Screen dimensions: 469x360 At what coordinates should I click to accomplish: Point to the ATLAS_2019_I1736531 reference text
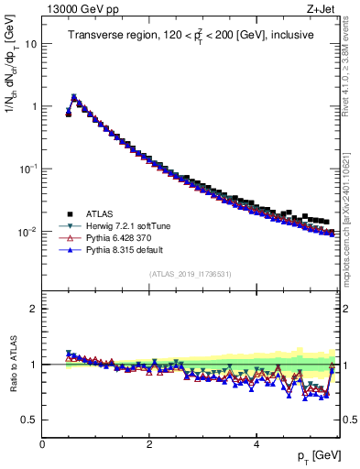(190, 274)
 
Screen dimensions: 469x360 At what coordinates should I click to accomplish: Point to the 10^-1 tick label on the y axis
(28, 169)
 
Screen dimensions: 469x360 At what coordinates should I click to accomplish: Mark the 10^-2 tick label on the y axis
(28, 232)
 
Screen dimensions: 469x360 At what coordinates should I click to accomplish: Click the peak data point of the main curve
(74, 96)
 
